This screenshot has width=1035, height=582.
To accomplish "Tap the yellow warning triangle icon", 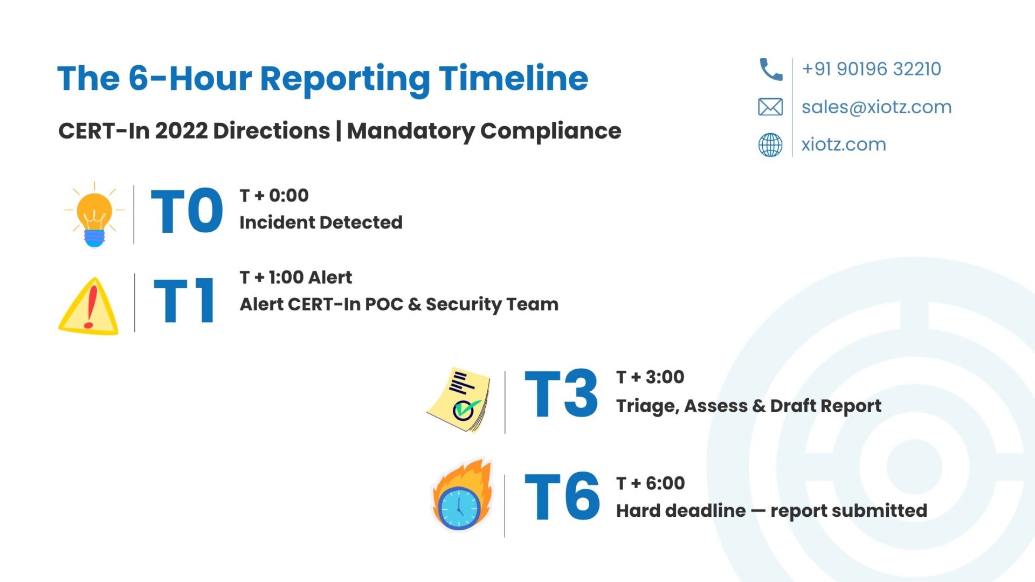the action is point(88,306).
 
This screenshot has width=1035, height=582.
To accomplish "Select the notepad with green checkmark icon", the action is point(459,399).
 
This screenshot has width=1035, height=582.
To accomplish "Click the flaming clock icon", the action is point(463,495).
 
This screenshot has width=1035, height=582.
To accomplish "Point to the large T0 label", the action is point(187,211).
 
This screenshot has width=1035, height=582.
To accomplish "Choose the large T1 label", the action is point(184,301).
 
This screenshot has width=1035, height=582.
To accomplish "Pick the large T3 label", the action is point(561,394).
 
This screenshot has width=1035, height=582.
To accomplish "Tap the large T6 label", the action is point(562,496).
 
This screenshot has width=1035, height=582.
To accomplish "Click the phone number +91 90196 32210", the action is point(872,69).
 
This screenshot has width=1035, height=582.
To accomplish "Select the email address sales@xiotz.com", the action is point(877,107).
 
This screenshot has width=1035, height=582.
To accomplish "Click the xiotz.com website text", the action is point(844,144).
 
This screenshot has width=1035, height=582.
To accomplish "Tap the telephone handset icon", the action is point(771,70).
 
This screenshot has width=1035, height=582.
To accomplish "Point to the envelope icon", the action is point(770,107).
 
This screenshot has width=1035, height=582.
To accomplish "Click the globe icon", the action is point(770,145).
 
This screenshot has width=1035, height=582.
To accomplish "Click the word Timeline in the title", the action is point(513,79).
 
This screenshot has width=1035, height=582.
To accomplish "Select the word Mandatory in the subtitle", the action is point(410,131).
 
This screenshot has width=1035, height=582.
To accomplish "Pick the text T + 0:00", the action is point(274,195).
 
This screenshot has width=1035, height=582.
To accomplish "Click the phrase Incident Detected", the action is point(321,222).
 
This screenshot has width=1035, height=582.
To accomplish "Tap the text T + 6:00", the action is point(651,483).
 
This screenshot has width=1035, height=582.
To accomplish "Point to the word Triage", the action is point(647,406).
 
